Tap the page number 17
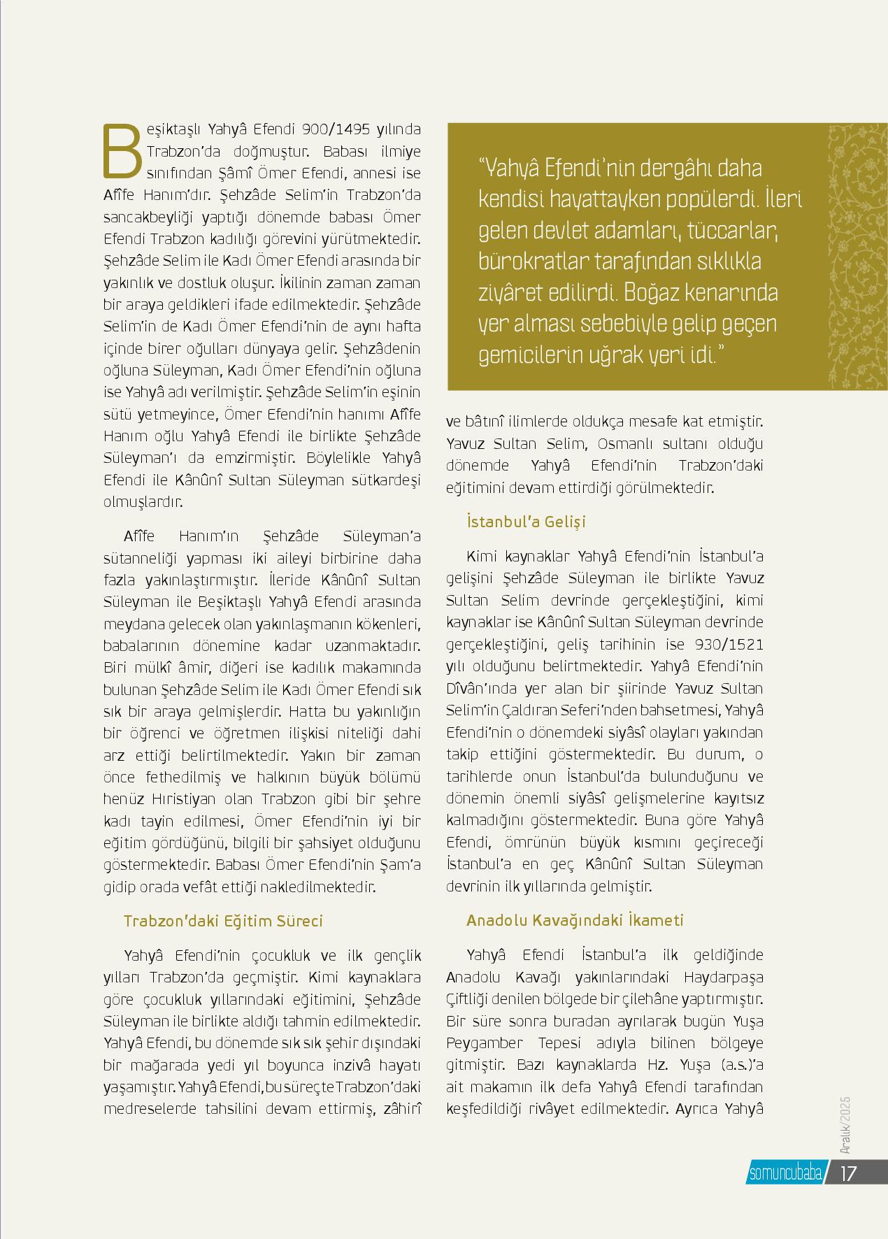coord(847,1173)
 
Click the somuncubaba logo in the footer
coord(785,1173)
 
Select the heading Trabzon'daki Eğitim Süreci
coord(223,920)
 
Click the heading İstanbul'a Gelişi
coord(526,522)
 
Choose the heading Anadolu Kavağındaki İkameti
coord(575,920)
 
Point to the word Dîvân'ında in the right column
coord(485,689)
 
